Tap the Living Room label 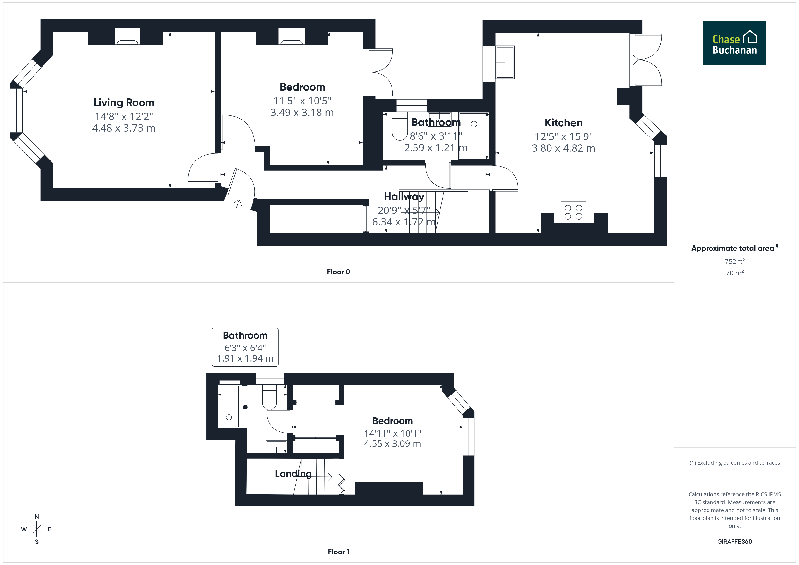(x=124, y=103)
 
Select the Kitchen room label (x=563, y=123)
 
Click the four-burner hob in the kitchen (x=573, y=212)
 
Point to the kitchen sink (x=505, y=62)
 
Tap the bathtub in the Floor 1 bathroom (x=229, y=406)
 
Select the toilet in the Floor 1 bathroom (x=269, y=397)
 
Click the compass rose (x=36, y=529)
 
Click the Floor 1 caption (x=338, y=552)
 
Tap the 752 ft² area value (x=735, y=261)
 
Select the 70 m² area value (x=735, y=273)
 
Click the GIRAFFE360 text (x=735, y=542)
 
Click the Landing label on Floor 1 (x=293, y=474)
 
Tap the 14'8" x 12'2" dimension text (x=124, y=116)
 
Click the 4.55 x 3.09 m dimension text (x=392, y=444)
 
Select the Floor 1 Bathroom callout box (x=245, y=347)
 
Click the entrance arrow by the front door (x=238, y=203)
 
